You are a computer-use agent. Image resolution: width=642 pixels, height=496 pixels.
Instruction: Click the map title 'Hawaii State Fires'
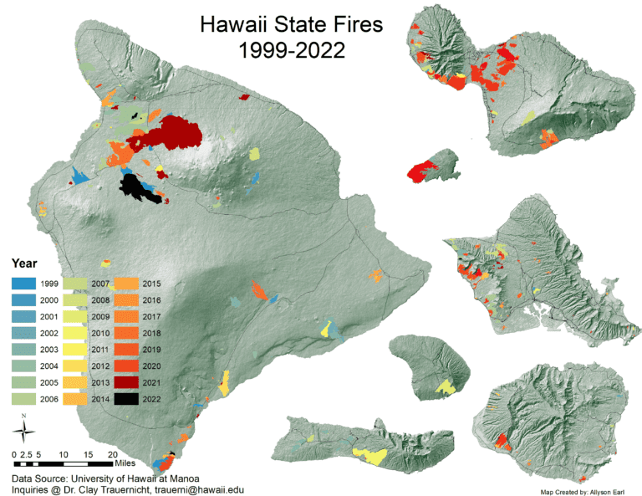coord(291,24)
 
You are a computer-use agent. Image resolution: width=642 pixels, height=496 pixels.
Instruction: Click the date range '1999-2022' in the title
coord(291,50)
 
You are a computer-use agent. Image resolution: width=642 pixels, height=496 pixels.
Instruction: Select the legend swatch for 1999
coord(24,284)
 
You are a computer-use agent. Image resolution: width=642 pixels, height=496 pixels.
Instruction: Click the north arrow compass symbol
coord(23,431)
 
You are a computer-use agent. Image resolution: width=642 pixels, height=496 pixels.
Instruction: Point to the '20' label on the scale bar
coord(112,454)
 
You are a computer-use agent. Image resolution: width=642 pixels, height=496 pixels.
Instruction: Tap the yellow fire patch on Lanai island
coord(446,386)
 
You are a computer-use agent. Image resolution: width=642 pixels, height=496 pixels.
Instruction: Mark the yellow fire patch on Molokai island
coord(369,454)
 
